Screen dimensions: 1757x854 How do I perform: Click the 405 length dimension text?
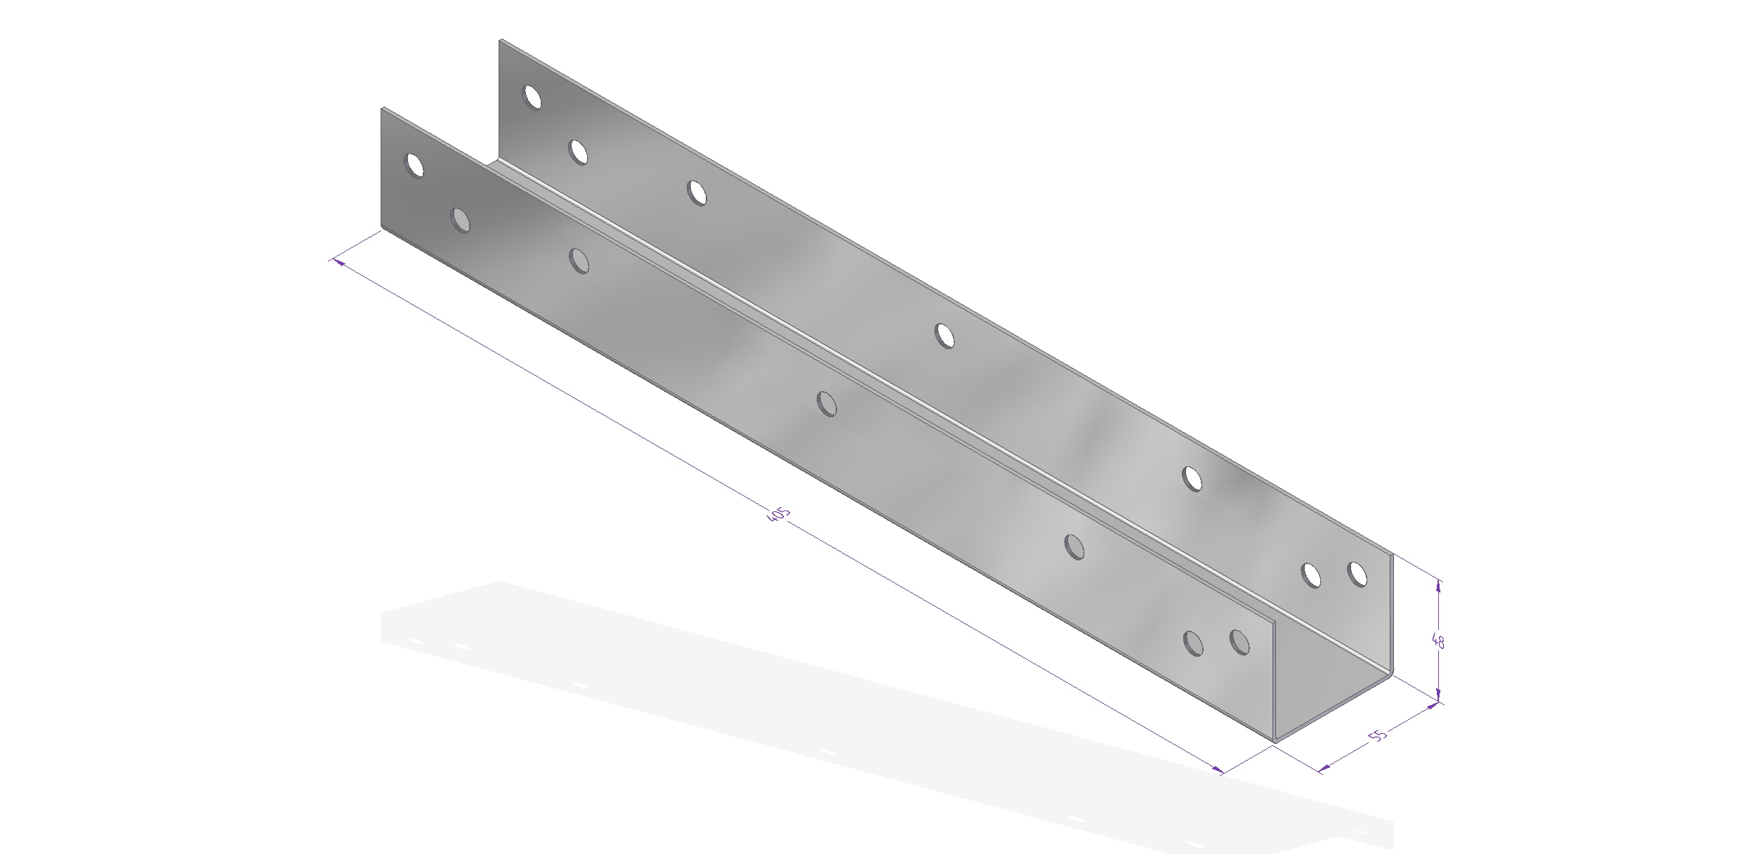point(779,514)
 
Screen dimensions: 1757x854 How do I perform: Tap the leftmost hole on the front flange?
point(415,165)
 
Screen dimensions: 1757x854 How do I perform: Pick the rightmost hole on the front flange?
point(1239,642)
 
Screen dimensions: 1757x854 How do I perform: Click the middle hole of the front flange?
point(827,404)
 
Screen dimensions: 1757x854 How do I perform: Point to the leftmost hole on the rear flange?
point(533,97)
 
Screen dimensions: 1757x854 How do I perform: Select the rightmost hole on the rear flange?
point(1357,574)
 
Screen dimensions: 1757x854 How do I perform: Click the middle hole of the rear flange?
point(945,336)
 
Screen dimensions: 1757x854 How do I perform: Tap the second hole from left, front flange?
point(461,220)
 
